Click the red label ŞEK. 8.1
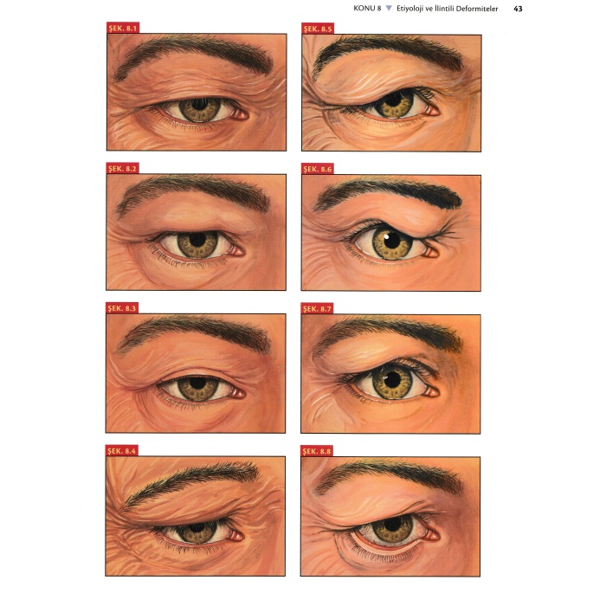point(123,28)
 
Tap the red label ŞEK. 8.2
point(122,169)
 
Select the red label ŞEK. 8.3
point(122,308)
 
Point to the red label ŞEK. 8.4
point(121,451)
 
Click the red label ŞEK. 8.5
point(318,29)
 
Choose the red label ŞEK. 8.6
point(318,170)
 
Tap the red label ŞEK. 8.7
point(317,309)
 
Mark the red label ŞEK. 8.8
point(317,451)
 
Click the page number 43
point(518,9)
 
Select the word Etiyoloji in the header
point(410,9)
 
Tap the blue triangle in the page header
point(389,8)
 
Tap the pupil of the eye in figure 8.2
point(198,239)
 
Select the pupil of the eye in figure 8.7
point(392,379)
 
